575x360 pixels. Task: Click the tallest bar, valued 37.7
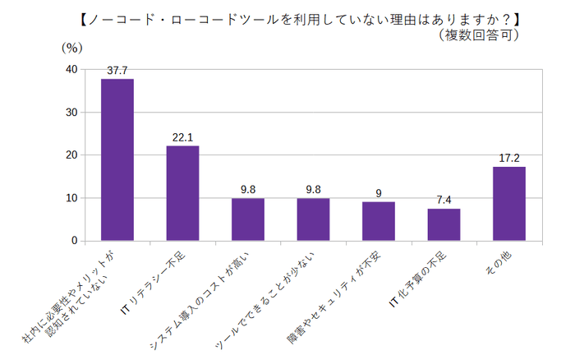(117, 160)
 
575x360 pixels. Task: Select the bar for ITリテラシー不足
(182, 193)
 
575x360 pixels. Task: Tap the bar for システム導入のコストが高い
(248, 219)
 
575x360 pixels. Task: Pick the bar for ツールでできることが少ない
(313, 219)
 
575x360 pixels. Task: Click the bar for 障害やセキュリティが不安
(379, 221)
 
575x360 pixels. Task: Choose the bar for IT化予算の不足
(444, 224)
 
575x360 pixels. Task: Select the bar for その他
(509, 204)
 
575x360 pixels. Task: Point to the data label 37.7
(117, 71)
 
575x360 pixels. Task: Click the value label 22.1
(182, 137)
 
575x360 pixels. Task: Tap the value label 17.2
(509, 158)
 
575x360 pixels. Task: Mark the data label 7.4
(444, 200)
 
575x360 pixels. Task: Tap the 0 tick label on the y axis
(75, 241)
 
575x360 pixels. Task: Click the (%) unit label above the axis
(72, 48)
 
